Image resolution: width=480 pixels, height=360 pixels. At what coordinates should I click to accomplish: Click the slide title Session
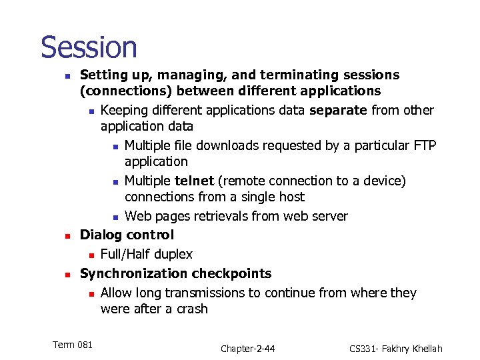[89, 48]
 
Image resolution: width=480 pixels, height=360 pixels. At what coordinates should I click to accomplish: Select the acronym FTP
[423, 145]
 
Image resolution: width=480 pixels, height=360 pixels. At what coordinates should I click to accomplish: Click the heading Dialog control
[127, 235]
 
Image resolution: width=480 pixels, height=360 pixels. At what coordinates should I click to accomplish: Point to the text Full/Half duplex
[146, 254]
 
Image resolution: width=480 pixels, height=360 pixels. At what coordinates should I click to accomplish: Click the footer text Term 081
[72, 344]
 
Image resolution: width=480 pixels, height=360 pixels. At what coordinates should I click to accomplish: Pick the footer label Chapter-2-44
[248, 349]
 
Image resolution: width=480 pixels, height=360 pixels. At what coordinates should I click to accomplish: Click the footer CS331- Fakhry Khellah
[395, 349]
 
